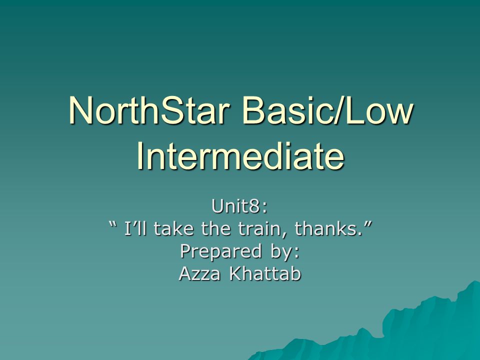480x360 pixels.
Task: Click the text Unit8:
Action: pyautogui.click(x=239, y=206)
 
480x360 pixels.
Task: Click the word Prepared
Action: pyautogui.click(x=220, y=251)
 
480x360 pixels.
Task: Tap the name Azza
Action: pyautogui.click(x=199, y=273)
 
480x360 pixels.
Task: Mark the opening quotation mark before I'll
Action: pyautogui.click(x=113, y=224)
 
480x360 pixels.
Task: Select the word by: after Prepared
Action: pyautogui.click(x=284, y=252)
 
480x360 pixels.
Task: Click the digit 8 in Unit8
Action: pyautogui.click(x=255, y=206)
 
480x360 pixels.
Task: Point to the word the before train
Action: pyautogui.click(x=216, y=228)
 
